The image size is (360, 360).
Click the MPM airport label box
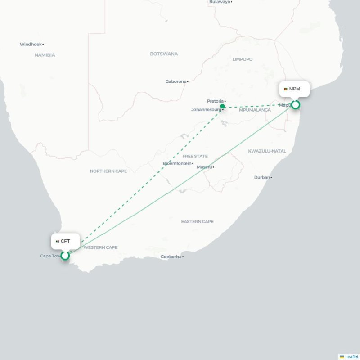pos(295,89)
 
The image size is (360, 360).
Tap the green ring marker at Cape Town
pos(65,256)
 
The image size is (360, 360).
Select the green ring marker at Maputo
pos(295,105)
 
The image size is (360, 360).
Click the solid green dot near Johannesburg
pos(222,107)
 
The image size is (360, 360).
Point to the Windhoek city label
pos(31,44)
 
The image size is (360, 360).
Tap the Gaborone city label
pos(176,81)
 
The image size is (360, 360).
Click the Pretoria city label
pos(215,101)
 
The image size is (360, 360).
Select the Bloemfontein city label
pos(177,163)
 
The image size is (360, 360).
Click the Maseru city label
pos(204,167)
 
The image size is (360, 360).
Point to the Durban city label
pos(262,177)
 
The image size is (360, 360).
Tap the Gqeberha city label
pos(171,256)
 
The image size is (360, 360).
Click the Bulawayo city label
pos(220,2)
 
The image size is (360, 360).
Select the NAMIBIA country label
pos(45,55)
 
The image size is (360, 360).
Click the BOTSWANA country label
pos(164,54)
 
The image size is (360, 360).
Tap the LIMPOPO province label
pos(243,59)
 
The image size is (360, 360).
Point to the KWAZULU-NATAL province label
pos(267,151)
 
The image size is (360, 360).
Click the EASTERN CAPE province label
pos(197,221)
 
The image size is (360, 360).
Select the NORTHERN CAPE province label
pos(108,171)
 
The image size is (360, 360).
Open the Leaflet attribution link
pos(351,356)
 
